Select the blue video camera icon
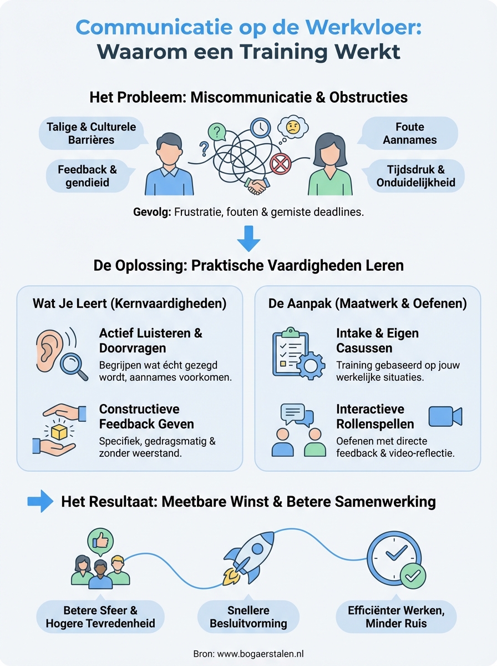pos(445,416)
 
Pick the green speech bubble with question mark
pos(217,132)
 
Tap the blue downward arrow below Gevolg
pos(248,238)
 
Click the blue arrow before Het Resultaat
pos(40,502)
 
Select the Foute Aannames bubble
pos(410,134)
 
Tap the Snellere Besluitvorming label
pos(248,616)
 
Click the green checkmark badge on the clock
pos(413,577)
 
